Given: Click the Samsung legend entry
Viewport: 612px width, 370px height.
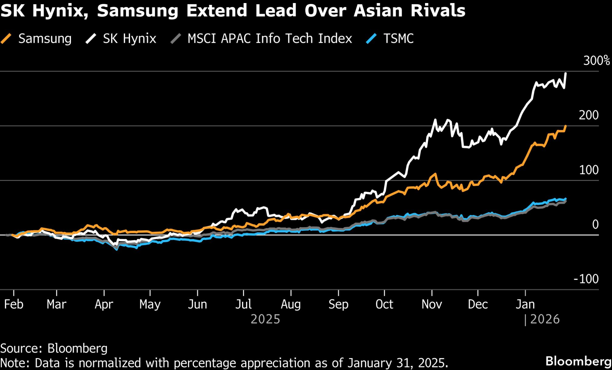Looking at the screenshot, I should coord(44,39).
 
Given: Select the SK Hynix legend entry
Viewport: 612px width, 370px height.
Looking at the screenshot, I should coord(129,39).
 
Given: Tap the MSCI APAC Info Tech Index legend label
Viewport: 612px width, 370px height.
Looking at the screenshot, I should coord(270,39).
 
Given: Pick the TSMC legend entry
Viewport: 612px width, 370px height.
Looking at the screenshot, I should coord(398,39).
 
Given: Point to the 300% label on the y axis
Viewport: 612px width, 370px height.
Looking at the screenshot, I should coord(596,61).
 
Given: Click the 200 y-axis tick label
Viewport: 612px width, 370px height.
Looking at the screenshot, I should coord(588,115).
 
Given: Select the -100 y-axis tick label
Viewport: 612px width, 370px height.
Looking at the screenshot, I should coord(586,279).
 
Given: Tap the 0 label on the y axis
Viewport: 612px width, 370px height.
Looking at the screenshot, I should coord(595,225).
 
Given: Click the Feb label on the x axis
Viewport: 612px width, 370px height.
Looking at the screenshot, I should coord(14,305).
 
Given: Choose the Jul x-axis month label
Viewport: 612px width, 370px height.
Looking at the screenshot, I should coord(244,305).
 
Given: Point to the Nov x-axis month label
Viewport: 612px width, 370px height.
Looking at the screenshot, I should coord(431,305).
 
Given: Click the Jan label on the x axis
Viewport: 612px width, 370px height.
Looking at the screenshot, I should coord(525,305).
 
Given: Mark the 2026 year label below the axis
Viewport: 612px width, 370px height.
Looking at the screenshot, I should coord(545,320).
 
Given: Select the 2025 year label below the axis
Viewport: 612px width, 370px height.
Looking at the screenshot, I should coord(265,320).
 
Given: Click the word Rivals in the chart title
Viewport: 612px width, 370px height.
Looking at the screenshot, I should coord(438,10).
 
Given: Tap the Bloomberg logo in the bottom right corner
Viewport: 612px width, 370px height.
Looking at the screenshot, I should coord(578,361).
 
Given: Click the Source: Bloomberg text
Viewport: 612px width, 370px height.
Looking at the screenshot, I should coord(54,349).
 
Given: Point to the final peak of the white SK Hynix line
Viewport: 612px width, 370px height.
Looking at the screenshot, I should coord(565,73).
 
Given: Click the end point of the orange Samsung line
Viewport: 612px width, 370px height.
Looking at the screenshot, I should coord(565,126).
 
